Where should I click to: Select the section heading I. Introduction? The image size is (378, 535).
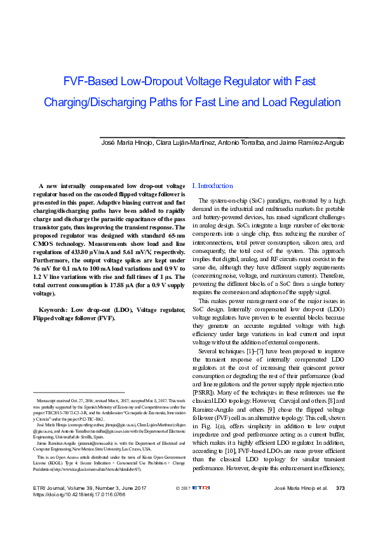click(213, 186)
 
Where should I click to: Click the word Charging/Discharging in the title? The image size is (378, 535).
click(91, 102)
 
